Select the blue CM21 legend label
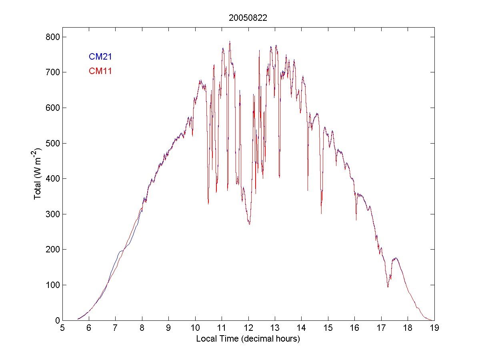tap(100, 57)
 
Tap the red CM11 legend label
tap(100, 71)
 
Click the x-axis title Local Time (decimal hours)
tap(248, 339)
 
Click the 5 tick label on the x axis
tap(62, 328)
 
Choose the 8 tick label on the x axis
tap(142, 328)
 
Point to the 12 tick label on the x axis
tap(248, 328)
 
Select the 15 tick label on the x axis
tap(328, 328)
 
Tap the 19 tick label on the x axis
tap(434, 328)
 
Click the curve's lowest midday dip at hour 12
tap(249, 224)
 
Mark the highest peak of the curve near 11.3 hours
tap(230, 41)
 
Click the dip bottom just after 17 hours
tap(388, 287)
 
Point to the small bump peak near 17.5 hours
tap(396, 258)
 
